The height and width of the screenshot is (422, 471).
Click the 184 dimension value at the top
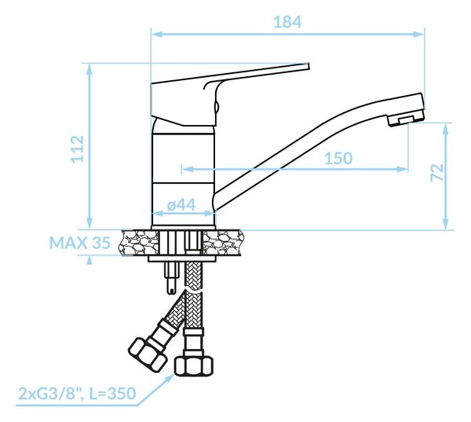pos(287,22)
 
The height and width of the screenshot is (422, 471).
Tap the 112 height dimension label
pos(77,149)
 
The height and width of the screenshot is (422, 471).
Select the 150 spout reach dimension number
pos(338,158)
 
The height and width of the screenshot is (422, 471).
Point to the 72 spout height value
pos(437,172)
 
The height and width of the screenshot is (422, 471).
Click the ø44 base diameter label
pos(181,205)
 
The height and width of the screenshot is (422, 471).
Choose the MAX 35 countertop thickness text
pos(80,243)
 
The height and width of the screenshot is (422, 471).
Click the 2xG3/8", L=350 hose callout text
pos(77,394)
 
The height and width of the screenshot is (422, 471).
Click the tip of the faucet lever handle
pos(308,66)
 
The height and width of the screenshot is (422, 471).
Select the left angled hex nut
pos(148,354)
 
